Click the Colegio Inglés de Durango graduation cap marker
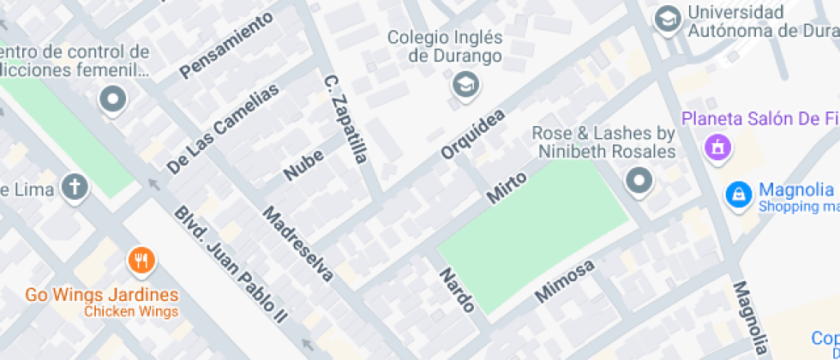(x=465, y=84)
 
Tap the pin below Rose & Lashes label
(x=639, y=181)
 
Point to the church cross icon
(x=75, y=187)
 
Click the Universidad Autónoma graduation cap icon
(x=668, y=20)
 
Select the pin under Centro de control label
(x=112, y=100)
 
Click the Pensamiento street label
(x=226, y=45)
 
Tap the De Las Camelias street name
(x=223, y=129)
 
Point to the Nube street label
(x=303, y=165)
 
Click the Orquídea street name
(x=472, y=133)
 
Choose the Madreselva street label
(x=297, y=243)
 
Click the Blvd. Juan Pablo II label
(x=229, y=264)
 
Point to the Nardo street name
(x=457, y=290)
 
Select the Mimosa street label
(x=564, y=281)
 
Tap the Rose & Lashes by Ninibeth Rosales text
(x=603, y=142)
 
